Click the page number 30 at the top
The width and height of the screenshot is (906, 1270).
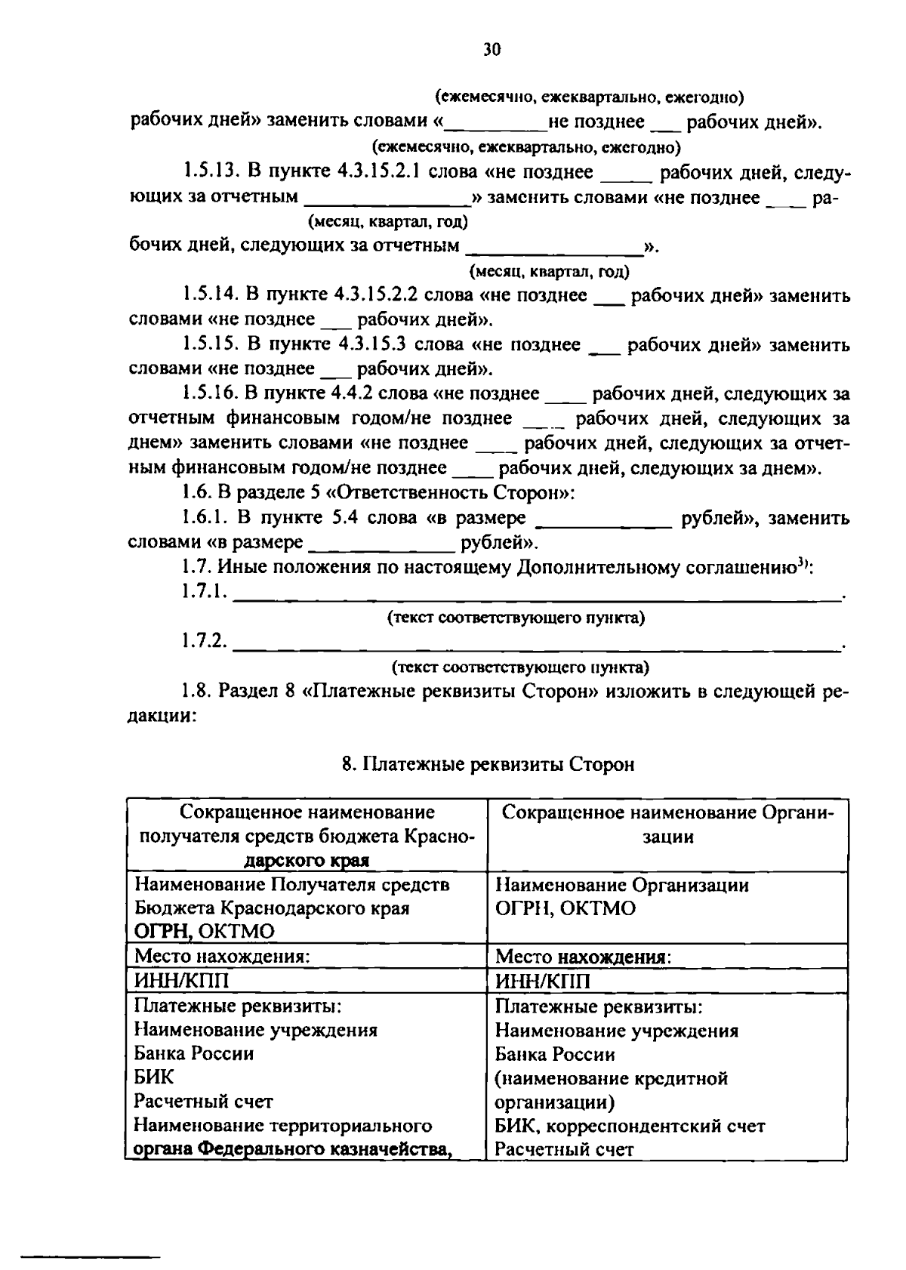[x=491, y=50]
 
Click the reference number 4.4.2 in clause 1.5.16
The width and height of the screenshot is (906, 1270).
[x=351, y=393]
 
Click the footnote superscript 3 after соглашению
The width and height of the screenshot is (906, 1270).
[x=804, y=563]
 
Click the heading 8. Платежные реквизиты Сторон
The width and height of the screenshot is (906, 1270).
[x=488, y=764]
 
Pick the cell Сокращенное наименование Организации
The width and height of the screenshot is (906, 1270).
[x=667, y=825]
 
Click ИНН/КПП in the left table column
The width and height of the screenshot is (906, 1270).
[x=180, y=980]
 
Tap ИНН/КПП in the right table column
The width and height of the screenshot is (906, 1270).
[x=542, y=981]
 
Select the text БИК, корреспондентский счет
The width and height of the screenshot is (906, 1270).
[x=630, y=1126]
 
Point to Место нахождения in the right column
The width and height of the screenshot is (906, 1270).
[x=583, y=957]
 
